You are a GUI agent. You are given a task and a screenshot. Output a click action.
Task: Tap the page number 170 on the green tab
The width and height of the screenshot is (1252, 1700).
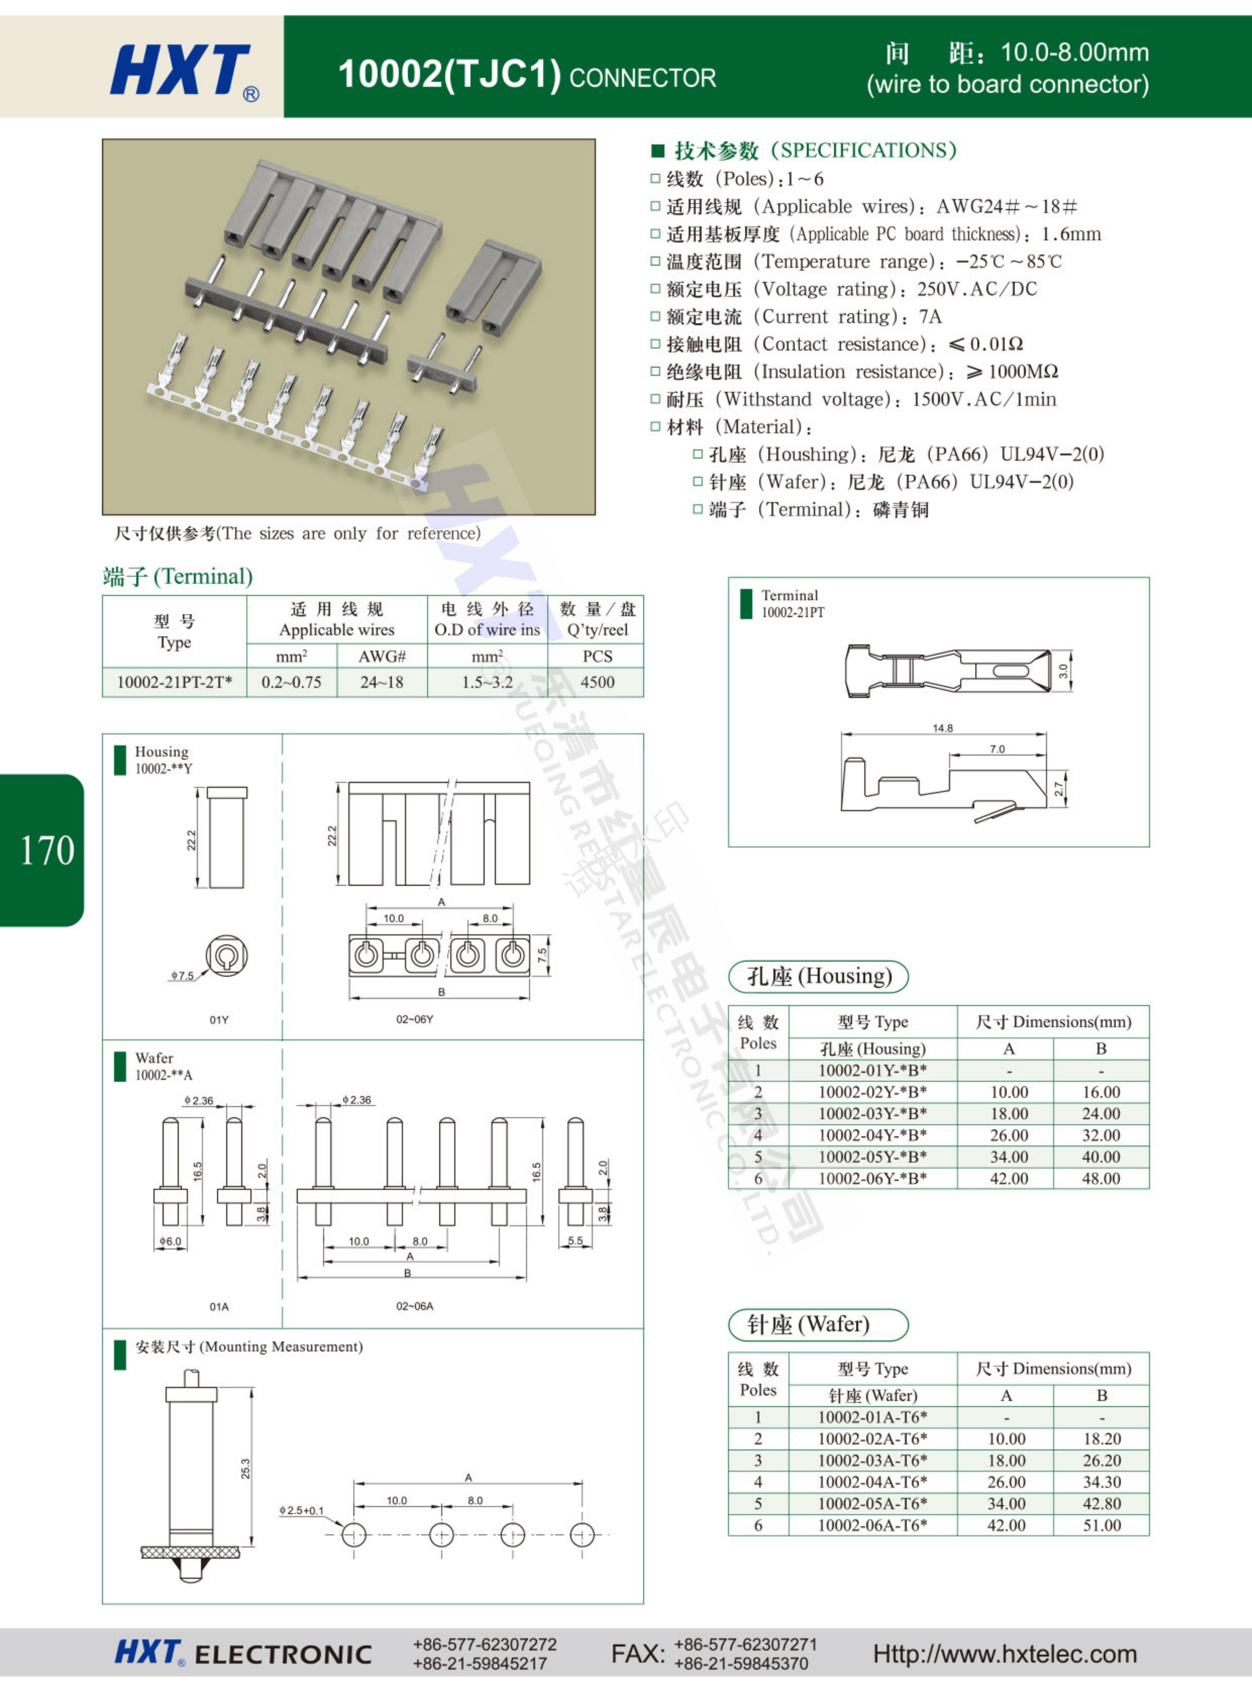coord(47,851)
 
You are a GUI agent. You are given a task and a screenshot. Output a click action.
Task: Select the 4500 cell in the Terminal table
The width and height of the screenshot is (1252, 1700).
coord(597,682)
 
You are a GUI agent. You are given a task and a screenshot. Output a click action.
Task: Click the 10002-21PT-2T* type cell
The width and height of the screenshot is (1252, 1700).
coord(174,682)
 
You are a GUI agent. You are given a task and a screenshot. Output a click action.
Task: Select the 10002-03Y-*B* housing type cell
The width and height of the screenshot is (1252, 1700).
coord(872,1113)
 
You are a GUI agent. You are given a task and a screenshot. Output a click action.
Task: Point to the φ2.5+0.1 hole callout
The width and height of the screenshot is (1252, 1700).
coord(301,1511)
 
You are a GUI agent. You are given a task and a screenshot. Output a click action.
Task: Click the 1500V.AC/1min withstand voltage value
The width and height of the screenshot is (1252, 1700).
coord(984,399)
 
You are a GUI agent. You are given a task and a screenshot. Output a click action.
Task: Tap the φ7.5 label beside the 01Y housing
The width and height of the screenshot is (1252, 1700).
coord(182,975)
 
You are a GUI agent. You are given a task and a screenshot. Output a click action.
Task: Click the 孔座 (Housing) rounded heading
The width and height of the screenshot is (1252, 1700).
coord(819,976)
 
